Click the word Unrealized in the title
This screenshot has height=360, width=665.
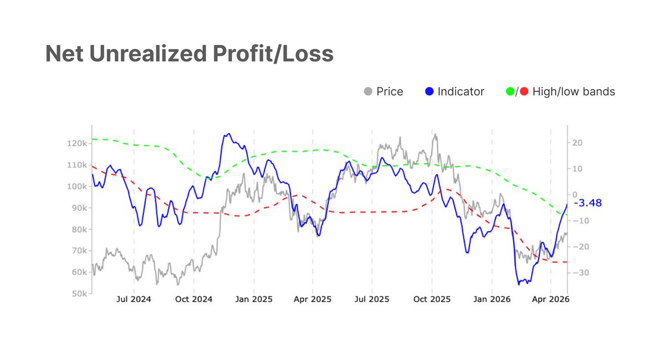[x=180, y=53]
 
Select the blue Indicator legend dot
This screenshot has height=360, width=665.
[x=429, y=91]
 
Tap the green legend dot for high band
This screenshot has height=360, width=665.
[x=510, y=91]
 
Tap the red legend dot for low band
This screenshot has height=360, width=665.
[x=524, y=91]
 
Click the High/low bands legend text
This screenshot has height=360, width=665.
[x=574, y=91]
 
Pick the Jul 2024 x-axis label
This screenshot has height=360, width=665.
[x=134, y=300]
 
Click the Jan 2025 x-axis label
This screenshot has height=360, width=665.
[x=254, y=300]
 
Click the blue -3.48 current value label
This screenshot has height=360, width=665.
[x=587, y=203]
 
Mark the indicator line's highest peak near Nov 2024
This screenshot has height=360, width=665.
[x=229, y=134]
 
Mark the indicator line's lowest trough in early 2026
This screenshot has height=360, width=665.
[x=519, y=285]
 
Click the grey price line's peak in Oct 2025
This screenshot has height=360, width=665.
[x=436, y=134]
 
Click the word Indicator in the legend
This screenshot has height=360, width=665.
[x=461, y=91]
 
